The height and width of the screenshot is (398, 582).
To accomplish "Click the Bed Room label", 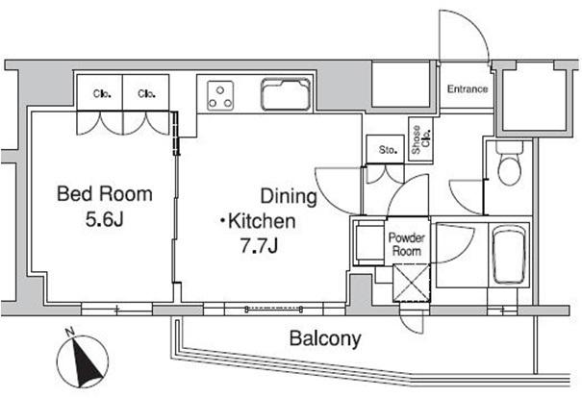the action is point(105,194).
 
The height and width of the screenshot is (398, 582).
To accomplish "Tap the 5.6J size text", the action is point(104,219).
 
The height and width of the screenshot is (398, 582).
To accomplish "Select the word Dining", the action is point(289,197).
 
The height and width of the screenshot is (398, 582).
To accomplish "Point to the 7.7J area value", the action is point(259,245).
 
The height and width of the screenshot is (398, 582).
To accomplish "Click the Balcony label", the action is point(325,338).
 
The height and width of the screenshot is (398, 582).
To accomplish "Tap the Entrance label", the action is point(468,89).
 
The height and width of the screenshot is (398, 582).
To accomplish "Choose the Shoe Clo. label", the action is point(421,139).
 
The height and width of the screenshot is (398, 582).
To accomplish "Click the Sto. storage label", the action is point(388,150).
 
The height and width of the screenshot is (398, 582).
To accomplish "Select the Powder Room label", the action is point(407,244).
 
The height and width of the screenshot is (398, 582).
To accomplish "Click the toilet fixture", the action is point(509,162).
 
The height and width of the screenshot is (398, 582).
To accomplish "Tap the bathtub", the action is point(509,255).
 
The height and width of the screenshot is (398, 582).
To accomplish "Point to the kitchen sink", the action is point(286,94).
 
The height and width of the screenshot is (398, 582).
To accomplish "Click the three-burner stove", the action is point(220,96).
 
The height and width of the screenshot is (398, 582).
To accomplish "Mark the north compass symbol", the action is point(83,361).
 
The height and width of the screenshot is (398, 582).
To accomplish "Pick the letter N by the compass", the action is point(69,332).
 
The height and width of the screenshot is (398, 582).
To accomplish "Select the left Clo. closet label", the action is point(102,93).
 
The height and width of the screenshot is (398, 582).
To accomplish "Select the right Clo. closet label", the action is point(146,93).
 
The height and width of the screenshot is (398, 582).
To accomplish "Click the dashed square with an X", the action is point(412,282).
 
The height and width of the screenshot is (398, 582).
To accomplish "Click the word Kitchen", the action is point(262,221).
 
